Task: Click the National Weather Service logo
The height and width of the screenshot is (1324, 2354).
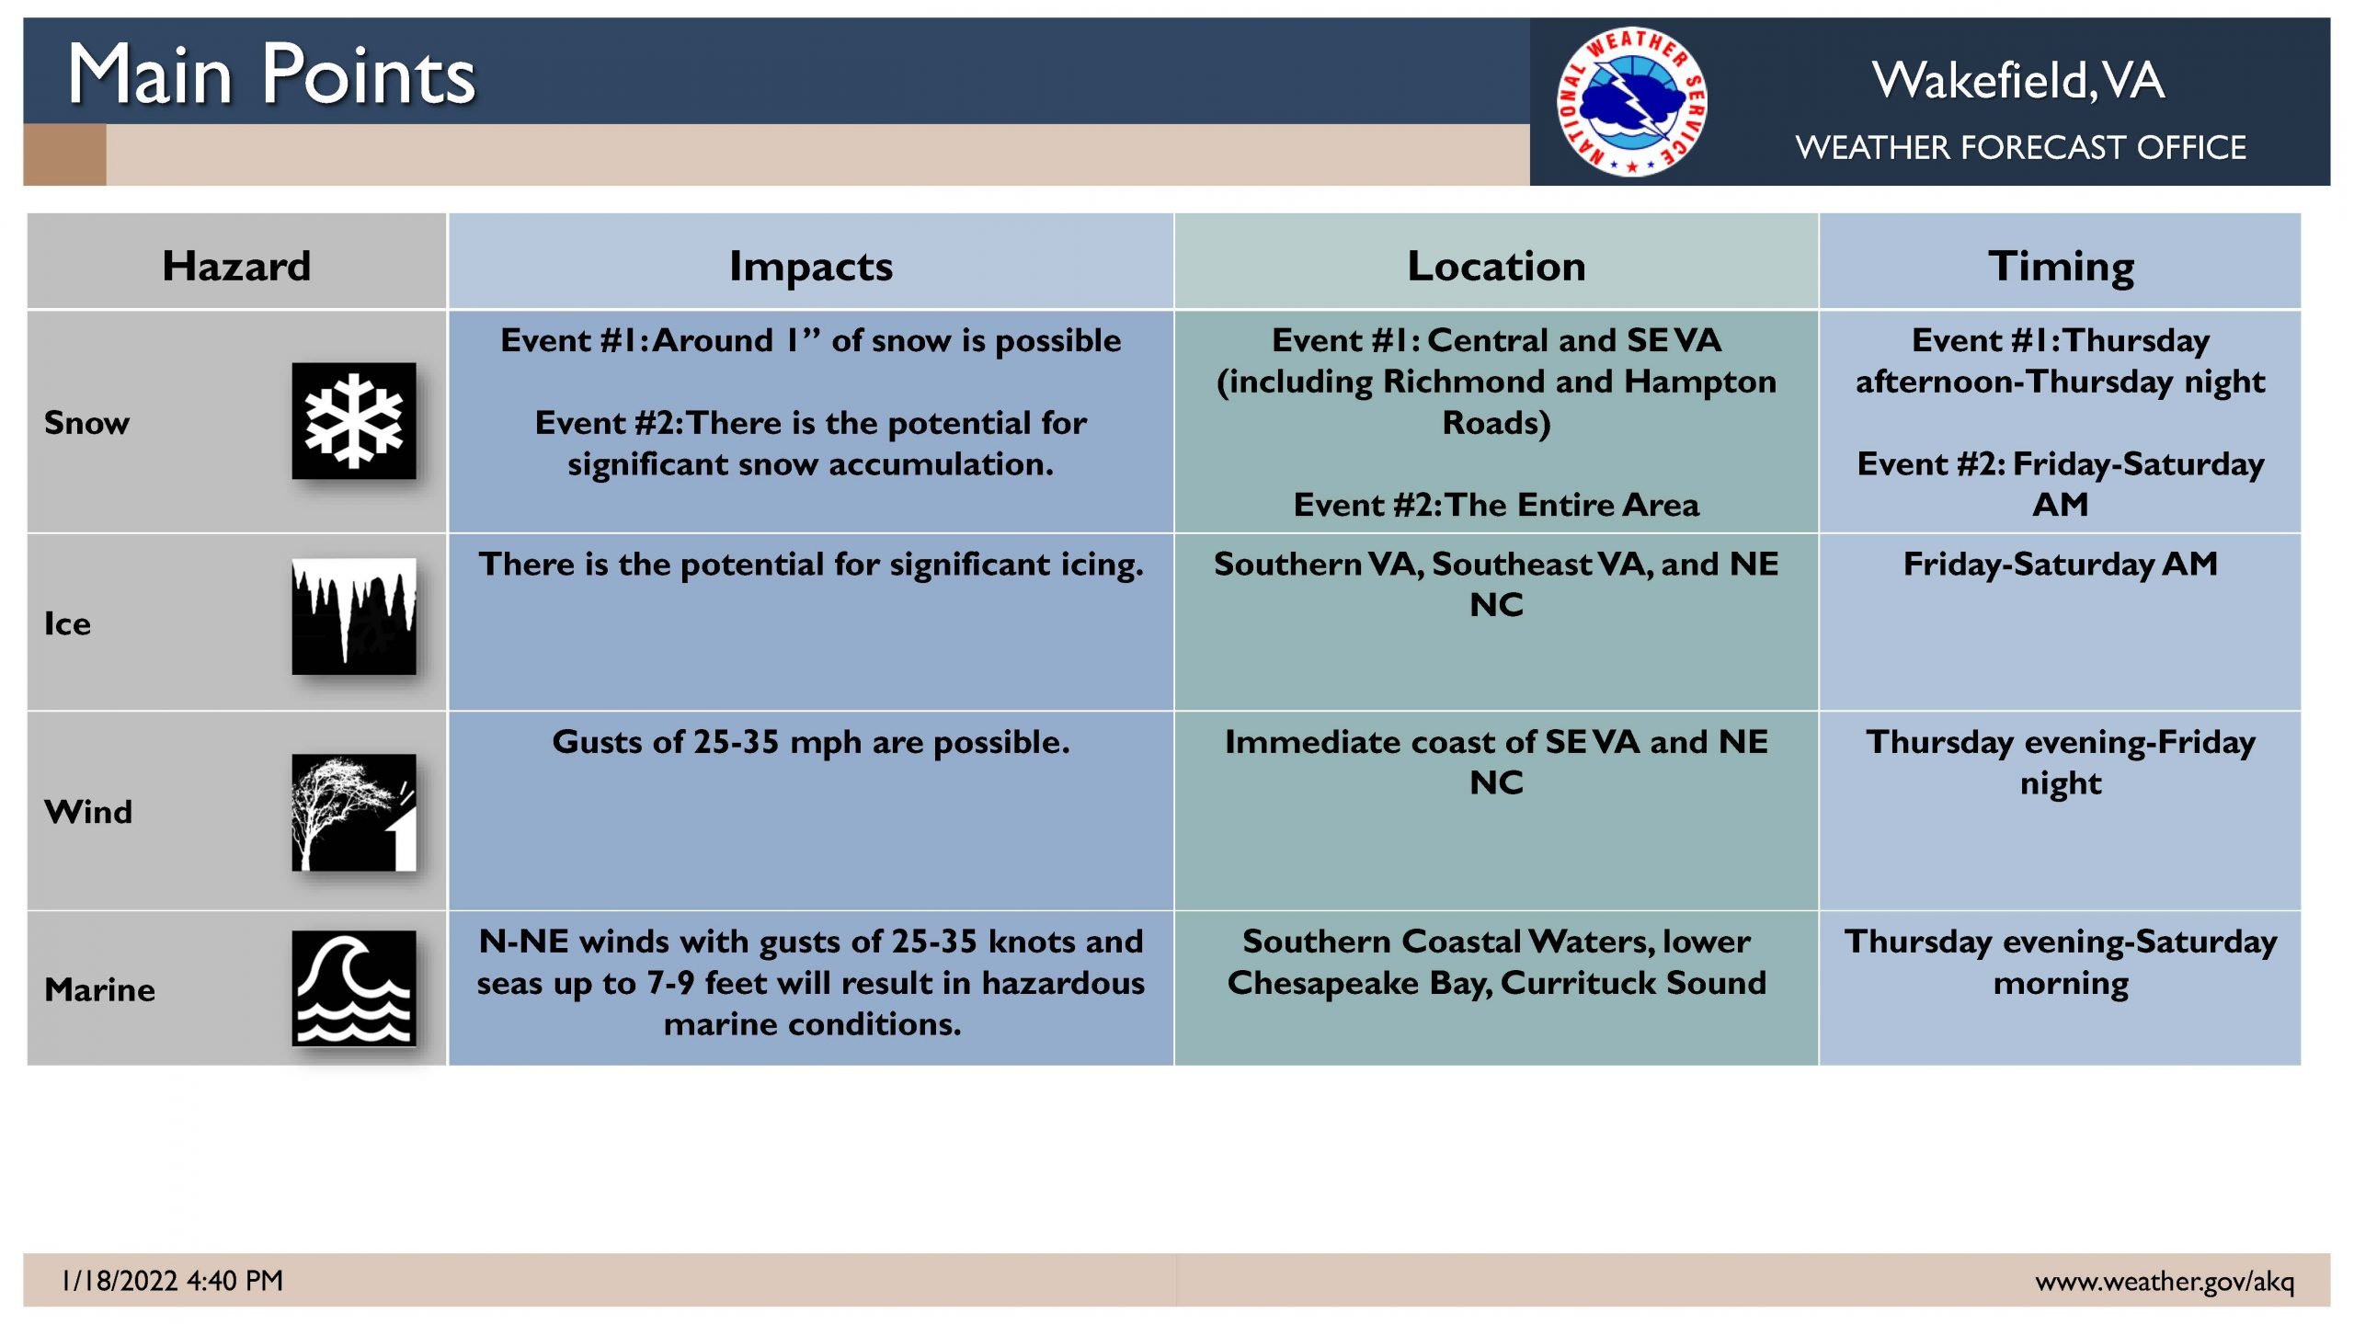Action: tap(1632, 101)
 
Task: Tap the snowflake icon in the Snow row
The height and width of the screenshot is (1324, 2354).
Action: tap(354, 421)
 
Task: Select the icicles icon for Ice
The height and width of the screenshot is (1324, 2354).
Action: tap(354, 616)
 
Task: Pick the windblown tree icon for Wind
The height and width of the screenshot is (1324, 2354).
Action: tap(354, 813)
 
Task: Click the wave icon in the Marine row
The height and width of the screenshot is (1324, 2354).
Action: tap(354, 988)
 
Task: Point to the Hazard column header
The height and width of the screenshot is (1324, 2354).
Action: tap(237, 266)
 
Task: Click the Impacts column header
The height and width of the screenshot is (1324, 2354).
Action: tap(811, 267)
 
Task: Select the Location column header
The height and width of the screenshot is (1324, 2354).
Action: tap(1496, 266)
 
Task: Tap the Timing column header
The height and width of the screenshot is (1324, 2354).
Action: tap(2061, 267)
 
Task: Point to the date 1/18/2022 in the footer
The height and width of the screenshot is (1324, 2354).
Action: tap(120, 1280)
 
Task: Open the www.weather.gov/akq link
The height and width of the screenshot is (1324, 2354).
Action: tap(2165, 1281)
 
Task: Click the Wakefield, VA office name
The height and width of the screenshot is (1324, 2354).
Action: tap(2018, 80)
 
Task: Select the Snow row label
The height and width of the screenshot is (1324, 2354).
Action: tap(87, 423)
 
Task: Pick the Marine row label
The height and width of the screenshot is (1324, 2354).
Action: tap(100, 989)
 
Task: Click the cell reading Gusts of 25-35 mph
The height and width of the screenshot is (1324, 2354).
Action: tap(811, 742)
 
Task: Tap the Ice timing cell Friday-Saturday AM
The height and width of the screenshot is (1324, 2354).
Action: tap(2061, 564)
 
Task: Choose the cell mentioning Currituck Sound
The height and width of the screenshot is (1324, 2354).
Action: tap(1496, 962)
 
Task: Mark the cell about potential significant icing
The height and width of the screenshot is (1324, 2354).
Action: tap(811, 565)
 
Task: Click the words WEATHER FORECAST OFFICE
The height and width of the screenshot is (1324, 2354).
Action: tap(2021, 147)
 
